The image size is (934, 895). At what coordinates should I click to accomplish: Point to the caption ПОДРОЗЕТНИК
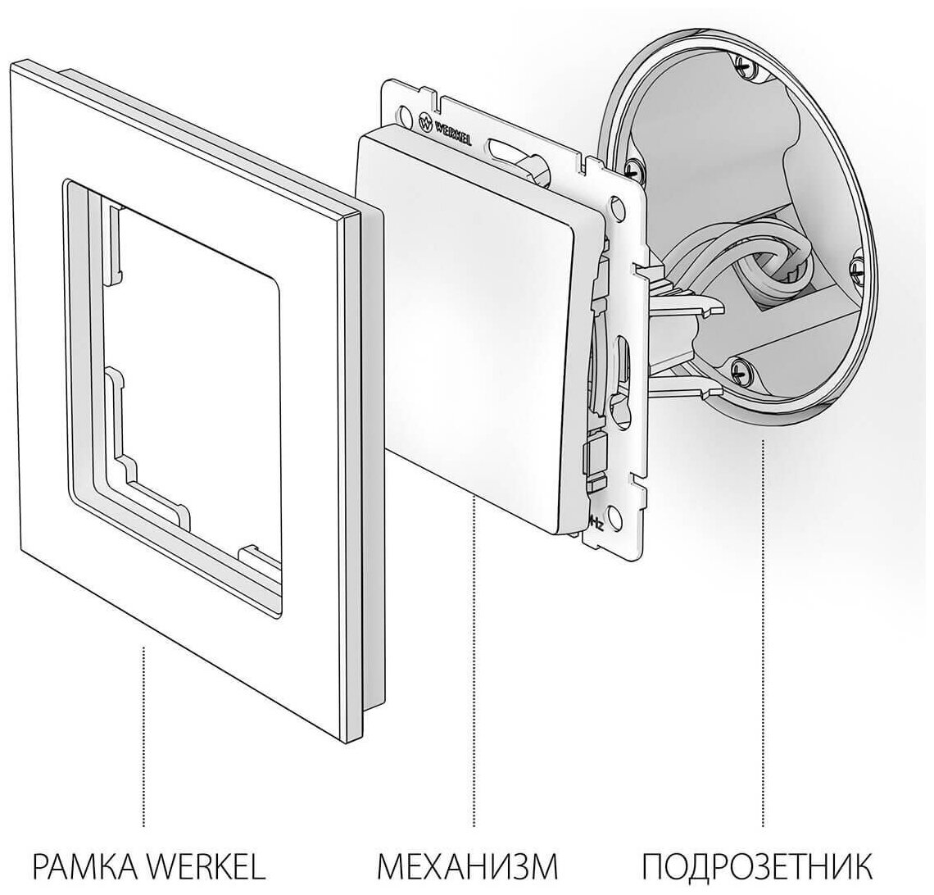point(756,865)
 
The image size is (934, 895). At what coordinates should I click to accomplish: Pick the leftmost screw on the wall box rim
point(631,168)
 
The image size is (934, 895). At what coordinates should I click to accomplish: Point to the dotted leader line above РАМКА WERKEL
point(145,738)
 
